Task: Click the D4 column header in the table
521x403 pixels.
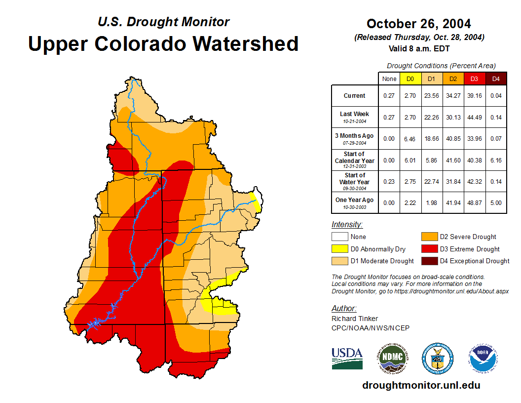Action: pos(496,79)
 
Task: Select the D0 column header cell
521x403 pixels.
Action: pos(410,79)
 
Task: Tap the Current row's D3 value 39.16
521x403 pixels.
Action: pos(475,96)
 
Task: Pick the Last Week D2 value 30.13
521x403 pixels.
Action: pos(453,117)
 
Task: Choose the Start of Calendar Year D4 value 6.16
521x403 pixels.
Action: pos(496,161)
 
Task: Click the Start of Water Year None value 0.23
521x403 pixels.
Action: pos(389,182)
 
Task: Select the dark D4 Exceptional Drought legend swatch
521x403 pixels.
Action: pos(429,261)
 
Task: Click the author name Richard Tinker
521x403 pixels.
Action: pos(355,319)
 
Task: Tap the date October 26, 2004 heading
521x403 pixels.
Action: pos(419,24)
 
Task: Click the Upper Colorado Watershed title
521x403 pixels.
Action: pos(163,43)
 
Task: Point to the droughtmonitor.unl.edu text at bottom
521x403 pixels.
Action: pos(421,385)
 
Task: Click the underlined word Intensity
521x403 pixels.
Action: pos(347,225)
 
